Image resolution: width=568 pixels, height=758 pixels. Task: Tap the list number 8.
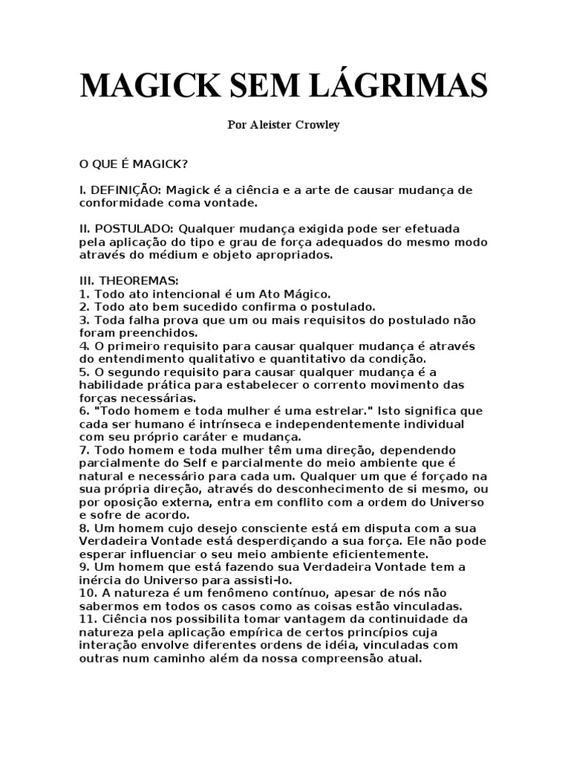(84, 527)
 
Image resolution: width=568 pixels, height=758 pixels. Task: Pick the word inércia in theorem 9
(98, 579)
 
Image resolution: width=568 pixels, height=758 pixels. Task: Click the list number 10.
(87, 592)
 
